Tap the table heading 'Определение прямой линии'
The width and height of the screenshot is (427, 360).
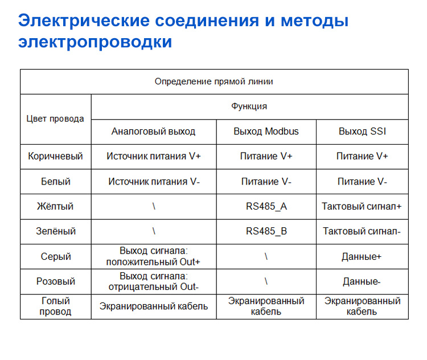213,81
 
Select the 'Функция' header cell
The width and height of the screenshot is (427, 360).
249,107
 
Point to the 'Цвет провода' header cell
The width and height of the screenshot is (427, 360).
55,118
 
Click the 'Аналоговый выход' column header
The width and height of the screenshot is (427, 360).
153,132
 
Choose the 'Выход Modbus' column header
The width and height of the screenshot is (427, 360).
266,132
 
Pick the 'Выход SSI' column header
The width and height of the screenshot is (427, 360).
362,132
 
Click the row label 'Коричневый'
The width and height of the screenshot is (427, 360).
55,156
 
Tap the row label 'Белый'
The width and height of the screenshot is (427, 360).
55,182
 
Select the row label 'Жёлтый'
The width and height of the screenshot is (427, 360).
55,206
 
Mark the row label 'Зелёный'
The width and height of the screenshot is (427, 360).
55,231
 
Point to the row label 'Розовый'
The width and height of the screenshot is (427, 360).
55,281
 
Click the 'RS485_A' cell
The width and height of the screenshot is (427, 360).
266,206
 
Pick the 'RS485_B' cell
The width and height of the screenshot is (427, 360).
266,231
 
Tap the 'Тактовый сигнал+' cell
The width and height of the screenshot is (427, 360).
362,206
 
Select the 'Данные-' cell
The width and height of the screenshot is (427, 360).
362,281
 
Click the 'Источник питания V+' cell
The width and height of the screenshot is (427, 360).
153,156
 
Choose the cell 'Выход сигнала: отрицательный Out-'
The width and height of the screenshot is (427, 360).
153,281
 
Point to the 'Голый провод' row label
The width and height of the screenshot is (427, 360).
55,306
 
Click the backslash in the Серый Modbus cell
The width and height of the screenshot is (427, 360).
266,256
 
